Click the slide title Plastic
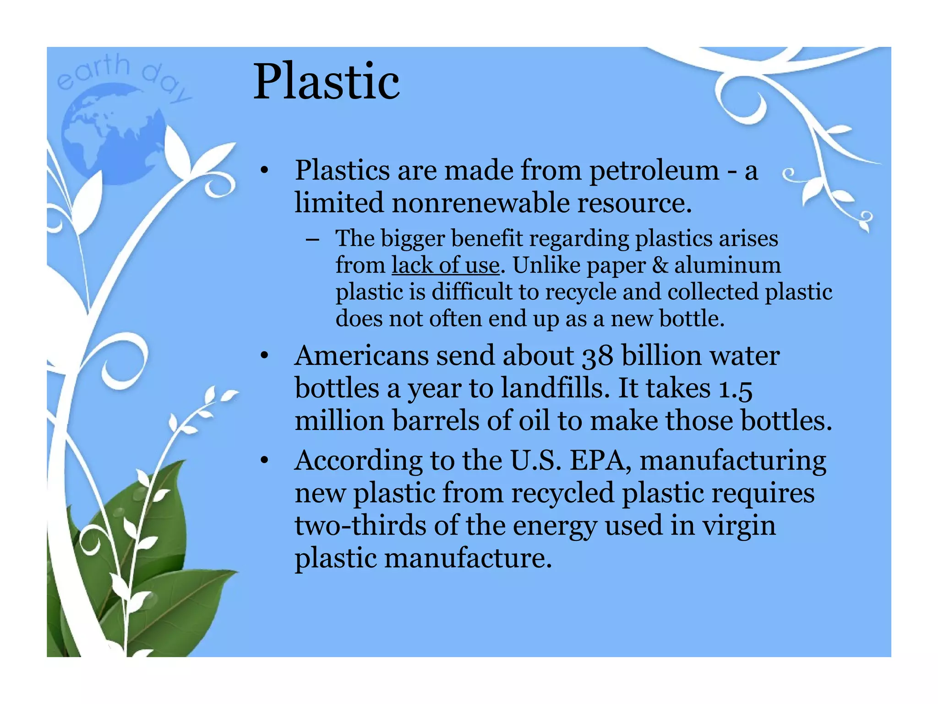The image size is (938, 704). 326,82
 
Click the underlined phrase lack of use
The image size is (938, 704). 445,265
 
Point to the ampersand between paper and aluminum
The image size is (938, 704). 660,265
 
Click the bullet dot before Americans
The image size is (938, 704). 264,357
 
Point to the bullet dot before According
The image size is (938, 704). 264,461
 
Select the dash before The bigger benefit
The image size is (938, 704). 313,239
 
